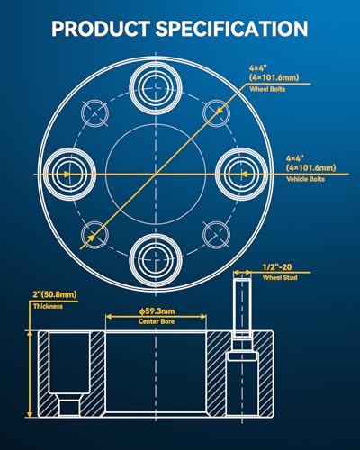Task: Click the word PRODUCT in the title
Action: (x=101, y=29)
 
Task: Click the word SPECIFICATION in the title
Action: (x=231, y=29)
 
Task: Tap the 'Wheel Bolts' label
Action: (x=267, y=89)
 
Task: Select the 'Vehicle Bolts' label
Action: (x=305, y=179)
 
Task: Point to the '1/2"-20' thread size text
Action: (x=277, y=267)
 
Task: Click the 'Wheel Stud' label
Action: (x=280, y=277)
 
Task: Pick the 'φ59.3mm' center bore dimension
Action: (x=157, y=311)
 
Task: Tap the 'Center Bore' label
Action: (x=157, y=321)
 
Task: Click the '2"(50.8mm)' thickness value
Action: (x=55, y=294)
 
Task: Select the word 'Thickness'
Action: (x=48, y=306)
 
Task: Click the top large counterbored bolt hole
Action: (x=156, y=87)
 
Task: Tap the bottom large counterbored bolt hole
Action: (x=156, y=259)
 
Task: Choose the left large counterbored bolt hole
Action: (x=70, y=174)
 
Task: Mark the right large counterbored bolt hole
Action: (x=242, y=174)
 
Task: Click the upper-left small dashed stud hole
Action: (x=94, y=113)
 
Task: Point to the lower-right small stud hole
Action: (x=216, y=235)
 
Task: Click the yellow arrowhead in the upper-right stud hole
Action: (x=220, y=110)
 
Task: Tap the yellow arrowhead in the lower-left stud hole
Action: (x=91, y=238)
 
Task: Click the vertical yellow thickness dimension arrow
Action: (x=30, y=374)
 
